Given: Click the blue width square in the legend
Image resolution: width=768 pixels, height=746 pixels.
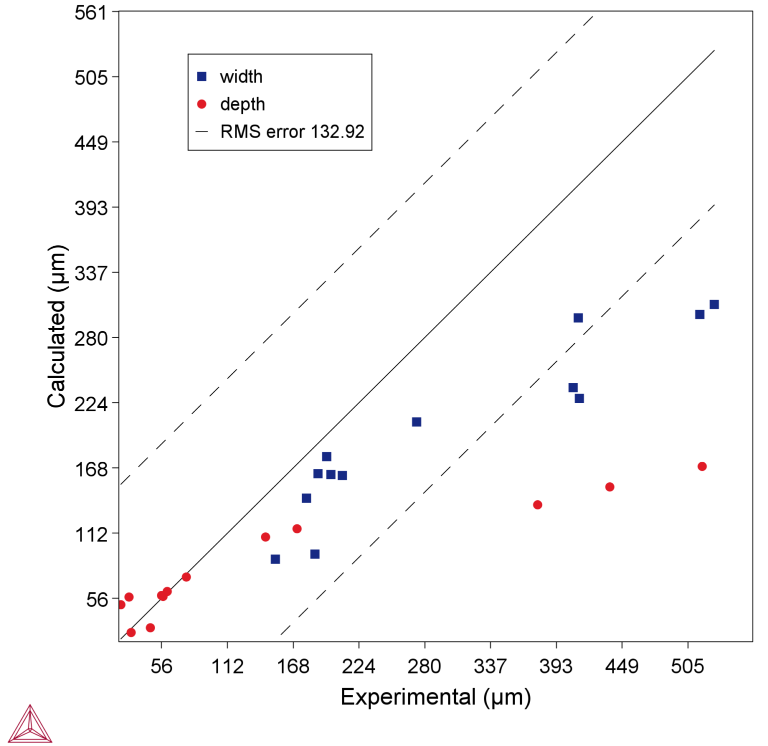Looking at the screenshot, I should (202, 77).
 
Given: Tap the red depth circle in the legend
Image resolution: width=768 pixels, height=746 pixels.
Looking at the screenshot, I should (202, 104).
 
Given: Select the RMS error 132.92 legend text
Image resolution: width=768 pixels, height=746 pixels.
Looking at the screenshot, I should (292, 132).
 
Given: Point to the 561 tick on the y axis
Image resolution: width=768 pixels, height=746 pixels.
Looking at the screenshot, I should (91, 13).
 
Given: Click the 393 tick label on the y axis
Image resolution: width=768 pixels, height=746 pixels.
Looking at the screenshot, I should (91, 208).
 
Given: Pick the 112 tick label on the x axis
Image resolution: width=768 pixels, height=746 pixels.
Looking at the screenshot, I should (227, 666).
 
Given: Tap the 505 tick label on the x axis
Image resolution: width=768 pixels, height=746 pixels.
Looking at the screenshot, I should (687, 666).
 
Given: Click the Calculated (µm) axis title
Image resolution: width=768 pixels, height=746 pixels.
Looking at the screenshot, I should (56, 327).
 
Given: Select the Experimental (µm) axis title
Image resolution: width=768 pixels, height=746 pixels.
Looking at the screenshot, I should (435, 697).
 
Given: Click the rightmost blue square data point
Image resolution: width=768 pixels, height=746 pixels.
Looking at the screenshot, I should (714, 305).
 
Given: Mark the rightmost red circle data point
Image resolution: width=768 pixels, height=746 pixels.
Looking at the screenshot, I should (702, 466).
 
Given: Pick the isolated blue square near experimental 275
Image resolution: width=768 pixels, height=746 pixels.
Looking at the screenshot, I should (416, 422).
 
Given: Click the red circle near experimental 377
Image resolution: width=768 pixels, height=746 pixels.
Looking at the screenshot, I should (537, 505).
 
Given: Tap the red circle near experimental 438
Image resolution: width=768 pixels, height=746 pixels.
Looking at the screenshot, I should (609, 487).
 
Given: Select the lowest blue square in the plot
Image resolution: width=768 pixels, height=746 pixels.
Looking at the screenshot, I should (275, 559).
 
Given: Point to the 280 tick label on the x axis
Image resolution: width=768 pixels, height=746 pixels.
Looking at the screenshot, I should (424, 666).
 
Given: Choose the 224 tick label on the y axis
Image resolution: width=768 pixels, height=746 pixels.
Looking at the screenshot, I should (91, 403).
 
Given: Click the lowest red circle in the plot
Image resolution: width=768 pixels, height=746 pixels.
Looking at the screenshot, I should (131, 632).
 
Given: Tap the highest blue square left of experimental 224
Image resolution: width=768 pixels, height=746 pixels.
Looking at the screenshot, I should (326, 456).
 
